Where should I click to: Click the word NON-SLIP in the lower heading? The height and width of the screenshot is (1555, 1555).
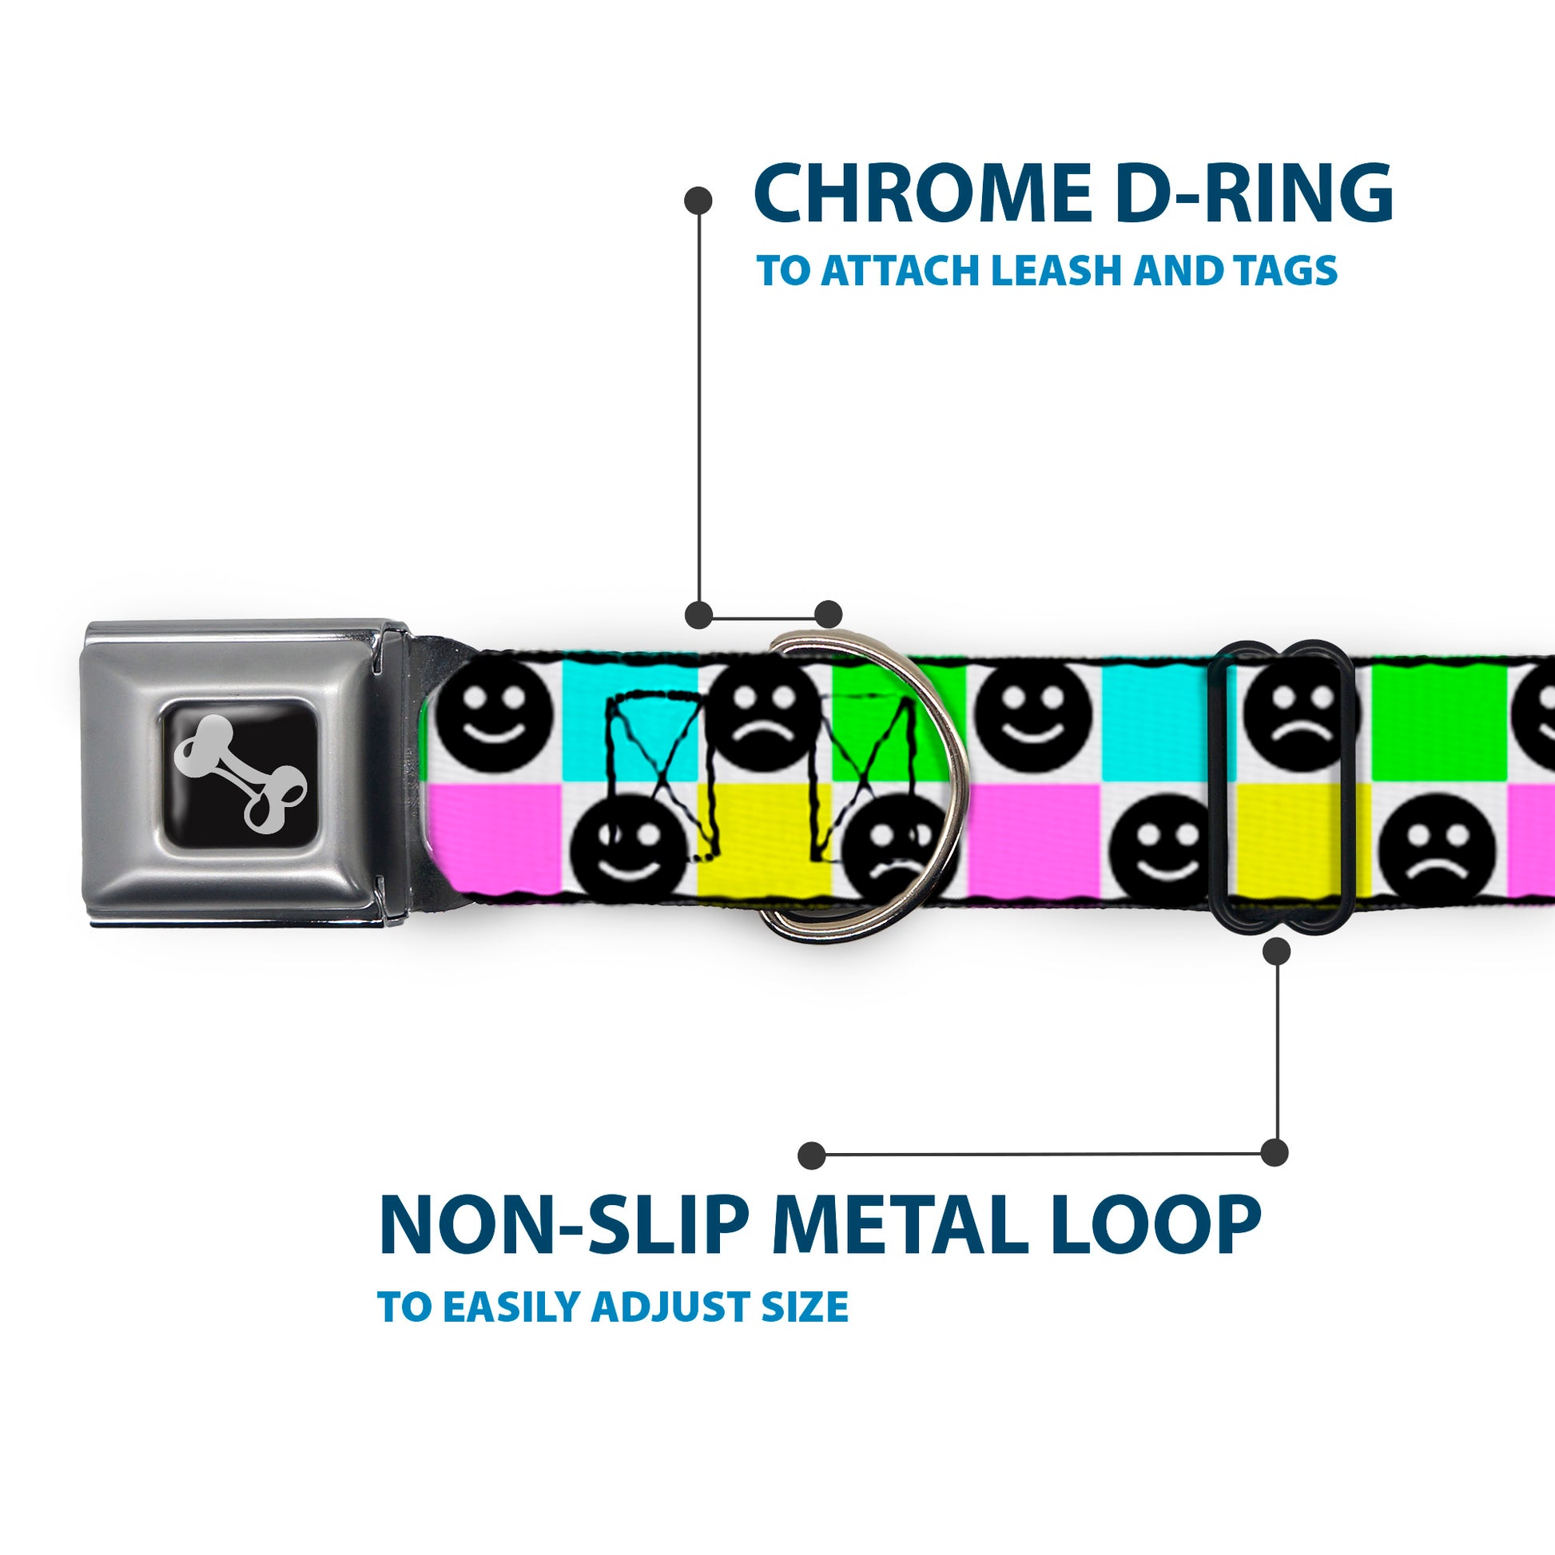563,1227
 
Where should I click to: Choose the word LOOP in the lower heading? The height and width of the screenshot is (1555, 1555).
1155,1227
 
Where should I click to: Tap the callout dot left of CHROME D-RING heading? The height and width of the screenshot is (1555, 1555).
697,201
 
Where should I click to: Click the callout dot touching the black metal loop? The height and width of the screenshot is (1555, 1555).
1276,952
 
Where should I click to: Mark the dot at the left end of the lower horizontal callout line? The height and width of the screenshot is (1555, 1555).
811,1155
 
